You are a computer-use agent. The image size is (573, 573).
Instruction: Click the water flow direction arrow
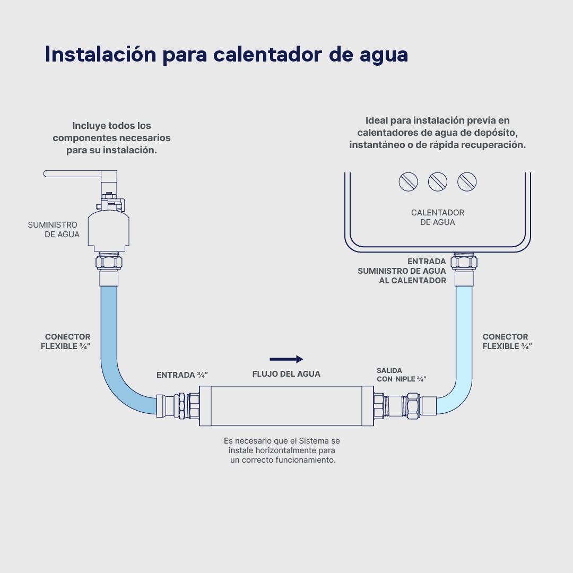coord(286,359)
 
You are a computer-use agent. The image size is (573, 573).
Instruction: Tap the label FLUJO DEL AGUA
coord(286,374)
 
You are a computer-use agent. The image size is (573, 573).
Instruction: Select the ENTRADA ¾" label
coord(182,375)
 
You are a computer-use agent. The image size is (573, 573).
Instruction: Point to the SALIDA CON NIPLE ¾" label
coord(402,375)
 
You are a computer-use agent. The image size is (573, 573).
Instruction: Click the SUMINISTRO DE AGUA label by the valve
coord(54,229)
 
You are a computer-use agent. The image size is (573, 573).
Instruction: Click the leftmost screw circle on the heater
coord(408,182)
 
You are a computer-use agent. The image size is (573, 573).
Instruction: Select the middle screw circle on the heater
coord(438,182)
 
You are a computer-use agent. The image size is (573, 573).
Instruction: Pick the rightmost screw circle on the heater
coord(467,182)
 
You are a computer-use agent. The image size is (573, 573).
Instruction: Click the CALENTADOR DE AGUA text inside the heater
coord(438,217)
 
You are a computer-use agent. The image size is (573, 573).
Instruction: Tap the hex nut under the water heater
coord(464,262)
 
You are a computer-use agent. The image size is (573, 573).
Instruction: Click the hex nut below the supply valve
coord(109,262)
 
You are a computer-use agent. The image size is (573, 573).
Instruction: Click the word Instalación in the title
coord(100,54)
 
